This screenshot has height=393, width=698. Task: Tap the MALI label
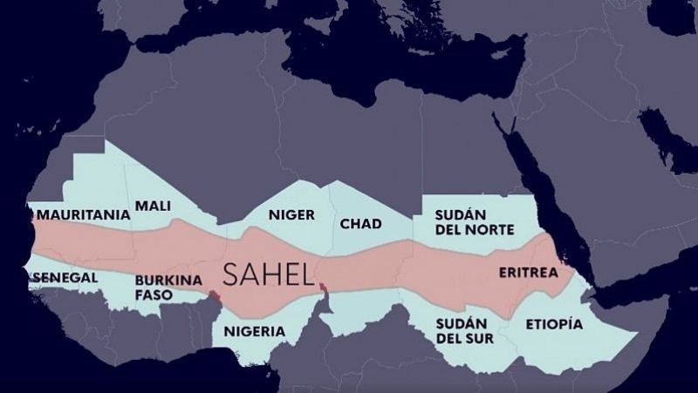(x=153, y=207)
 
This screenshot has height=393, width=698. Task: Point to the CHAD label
(x=360, y=224)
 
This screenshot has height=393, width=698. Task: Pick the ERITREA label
(x=527, y=273)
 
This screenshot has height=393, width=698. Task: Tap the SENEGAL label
(x=64, y=277)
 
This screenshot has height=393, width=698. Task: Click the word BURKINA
(x=168, y=281)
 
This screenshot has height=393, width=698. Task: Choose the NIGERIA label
(x=254, y=331)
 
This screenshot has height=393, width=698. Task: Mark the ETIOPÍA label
(x=553, y=324)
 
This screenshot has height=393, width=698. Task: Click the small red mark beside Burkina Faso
(x=214, y=299)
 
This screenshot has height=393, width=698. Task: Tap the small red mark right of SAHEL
(x=323, y=288)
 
